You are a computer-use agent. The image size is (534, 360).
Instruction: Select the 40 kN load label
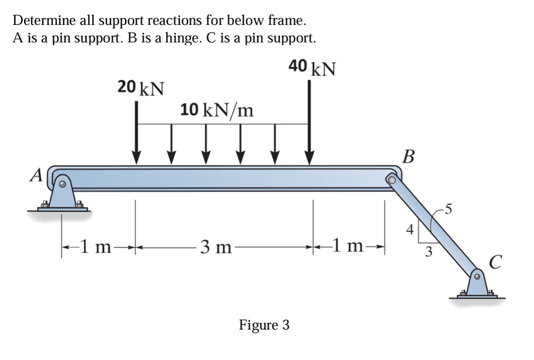coord(312,68)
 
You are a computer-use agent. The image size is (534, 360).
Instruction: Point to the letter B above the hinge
coord(408,156)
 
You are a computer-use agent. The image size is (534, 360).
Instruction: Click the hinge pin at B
coord(392,179)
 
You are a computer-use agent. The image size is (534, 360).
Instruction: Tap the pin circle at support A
coord(63,184)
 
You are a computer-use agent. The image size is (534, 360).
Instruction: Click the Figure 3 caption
coord(264,325)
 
